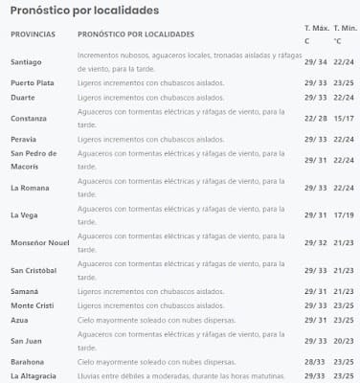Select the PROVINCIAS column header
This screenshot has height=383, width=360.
click(33, 34)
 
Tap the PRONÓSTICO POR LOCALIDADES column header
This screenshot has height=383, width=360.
click(129, 34)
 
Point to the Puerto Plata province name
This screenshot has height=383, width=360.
click(34, 82)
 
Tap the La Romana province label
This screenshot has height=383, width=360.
click(31, 187)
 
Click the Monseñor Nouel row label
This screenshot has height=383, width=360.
click(40, 242)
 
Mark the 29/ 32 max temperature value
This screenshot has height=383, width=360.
click(315, 242)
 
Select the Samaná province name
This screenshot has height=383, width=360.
click(26, 290)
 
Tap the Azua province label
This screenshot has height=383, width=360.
click(20, 318)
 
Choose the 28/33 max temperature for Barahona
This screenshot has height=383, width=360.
click(315, 363)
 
